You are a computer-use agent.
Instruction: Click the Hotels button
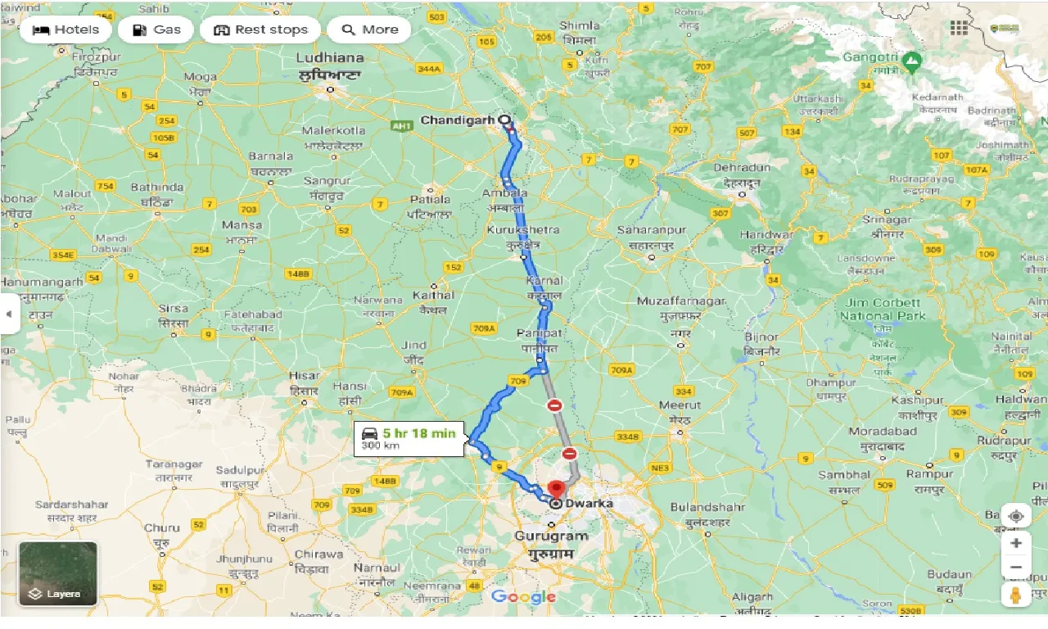coord(65,30)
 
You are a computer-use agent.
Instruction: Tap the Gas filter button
coord(156,30)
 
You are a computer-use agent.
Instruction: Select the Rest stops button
coord(260,30)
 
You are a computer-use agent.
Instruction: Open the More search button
coord(369,30)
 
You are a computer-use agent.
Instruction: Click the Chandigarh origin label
coord(457,120)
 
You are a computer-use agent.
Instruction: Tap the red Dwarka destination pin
coord(557,489)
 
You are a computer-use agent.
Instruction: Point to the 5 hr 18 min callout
coord(409,439)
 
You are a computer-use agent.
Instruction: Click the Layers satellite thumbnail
coord(58,574)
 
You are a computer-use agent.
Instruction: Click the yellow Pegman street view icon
coord(1016,594)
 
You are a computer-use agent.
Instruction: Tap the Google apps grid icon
coord(959,28)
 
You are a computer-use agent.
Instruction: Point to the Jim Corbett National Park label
coord(883,310)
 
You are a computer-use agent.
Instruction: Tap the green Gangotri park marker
coord(911,61)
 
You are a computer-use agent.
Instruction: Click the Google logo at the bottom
coord(524,597)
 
